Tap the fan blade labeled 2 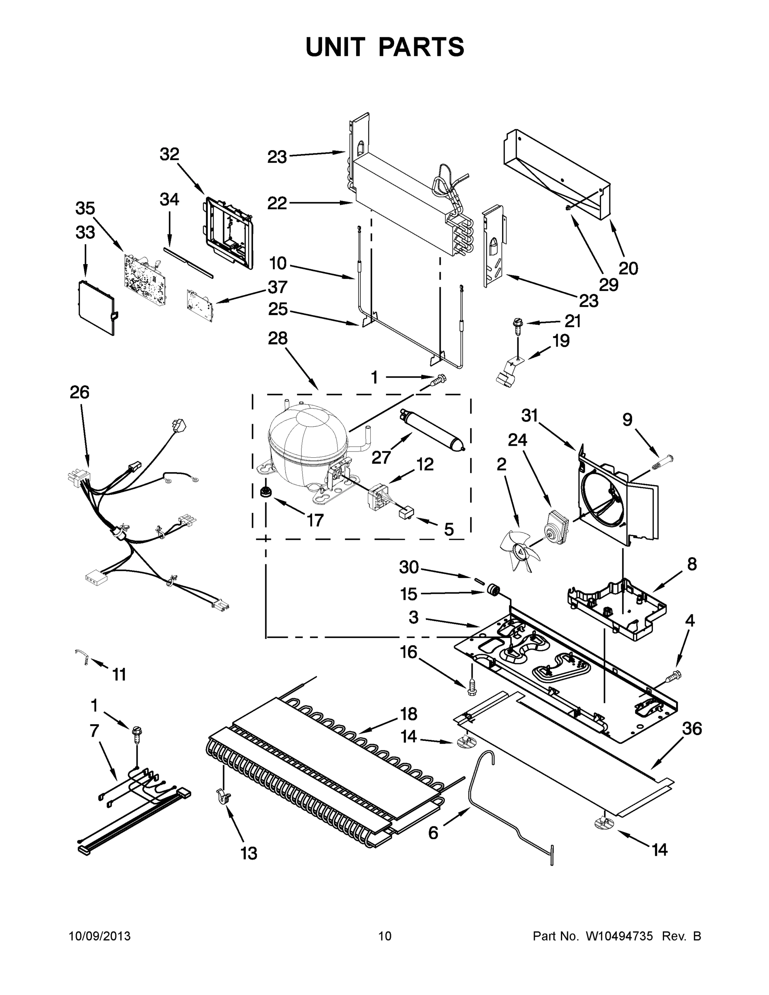click(517, 552)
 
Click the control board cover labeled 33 click(96, 308)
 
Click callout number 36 click(692, 729)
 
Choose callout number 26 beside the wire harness click(79, 392)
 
